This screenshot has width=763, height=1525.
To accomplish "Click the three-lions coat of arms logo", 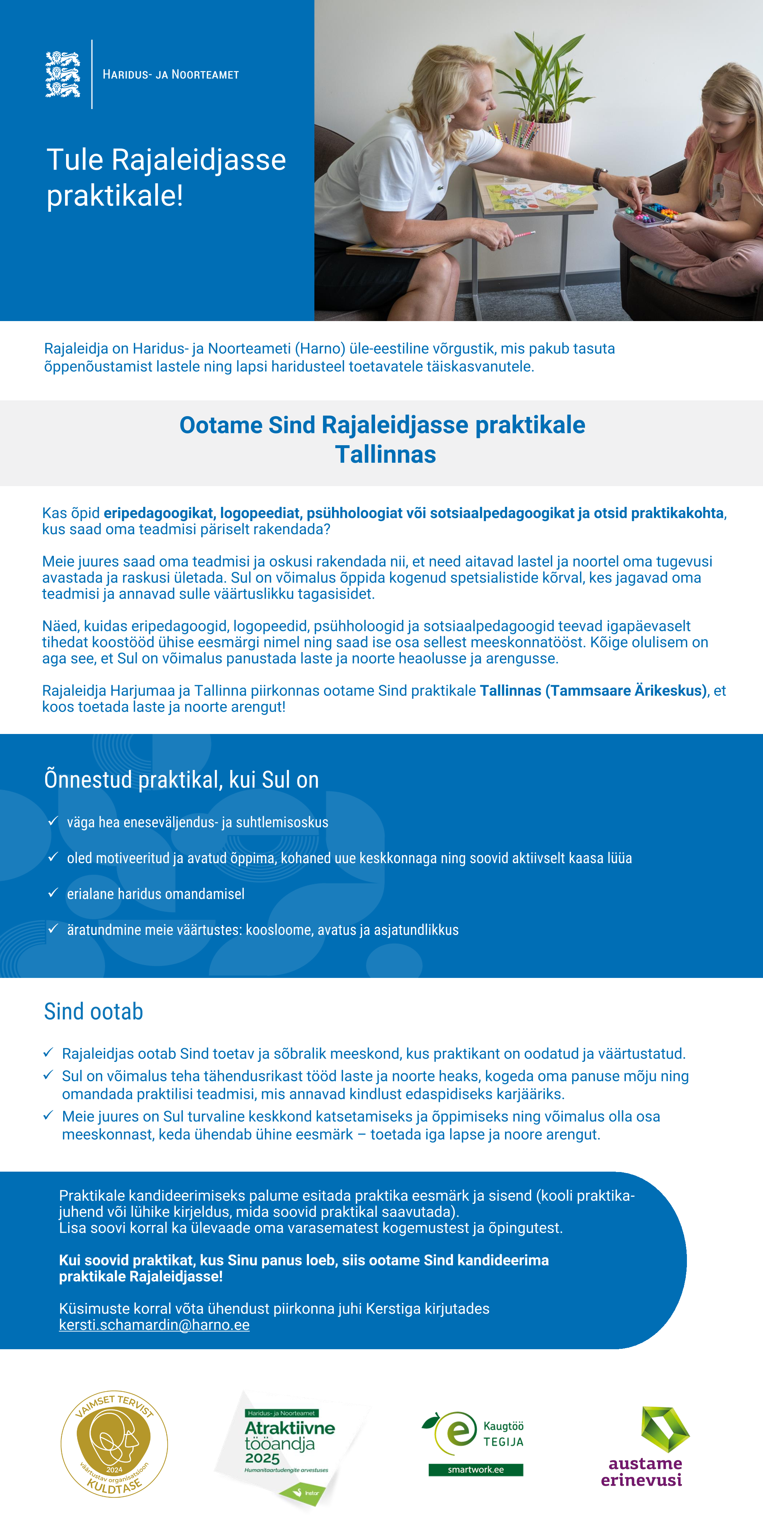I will click(63, 74).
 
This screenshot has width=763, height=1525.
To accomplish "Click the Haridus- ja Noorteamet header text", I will click(170, 75).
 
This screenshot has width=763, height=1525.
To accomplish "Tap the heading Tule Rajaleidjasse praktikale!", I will click(166, 177).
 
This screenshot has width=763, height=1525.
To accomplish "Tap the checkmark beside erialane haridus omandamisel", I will click(53, 893).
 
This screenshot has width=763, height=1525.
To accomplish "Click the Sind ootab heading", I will click(94, 1012).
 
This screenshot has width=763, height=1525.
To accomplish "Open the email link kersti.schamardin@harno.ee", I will click(154, 1325).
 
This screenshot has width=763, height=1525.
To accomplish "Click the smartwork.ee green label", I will click(475, 1469).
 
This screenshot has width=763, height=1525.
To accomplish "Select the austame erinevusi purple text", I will click(642, 1472).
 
